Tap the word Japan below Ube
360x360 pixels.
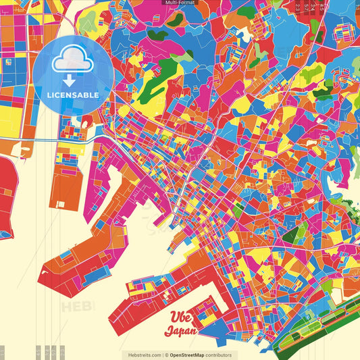(180, 331)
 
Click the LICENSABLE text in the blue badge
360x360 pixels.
(72, 95)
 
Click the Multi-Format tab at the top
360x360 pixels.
(180, 3)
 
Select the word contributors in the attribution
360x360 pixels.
(219, 355)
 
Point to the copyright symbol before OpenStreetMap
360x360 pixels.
(166, 355)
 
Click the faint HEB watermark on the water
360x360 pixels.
(78, 307)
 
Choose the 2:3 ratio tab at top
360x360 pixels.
(299, 7)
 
